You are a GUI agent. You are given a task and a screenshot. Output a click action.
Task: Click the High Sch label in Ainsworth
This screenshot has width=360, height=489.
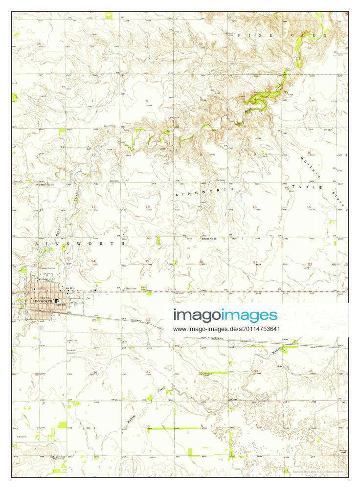60,304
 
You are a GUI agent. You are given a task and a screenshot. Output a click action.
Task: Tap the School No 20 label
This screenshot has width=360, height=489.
212,239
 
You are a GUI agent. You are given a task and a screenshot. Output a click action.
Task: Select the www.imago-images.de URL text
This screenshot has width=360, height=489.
226,329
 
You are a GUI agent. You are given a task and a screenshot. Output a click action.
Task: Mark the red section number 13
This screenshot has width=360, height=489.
93,206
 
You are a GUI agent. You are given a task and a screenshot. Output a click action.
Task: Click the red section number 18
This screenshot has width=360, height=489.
147,206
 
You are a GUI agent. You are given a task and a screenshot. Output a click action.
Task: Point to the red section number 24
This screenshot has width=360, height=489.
93,261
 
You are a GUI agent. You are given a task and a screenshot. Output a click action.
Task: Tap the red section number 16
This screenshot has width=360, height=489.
254,207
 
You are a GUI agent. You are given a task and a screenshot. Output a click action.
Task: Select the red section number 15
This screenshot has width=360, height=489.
309,207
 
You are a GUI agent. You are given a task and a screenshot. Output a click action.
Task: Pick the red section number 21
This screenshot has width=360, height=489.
255,262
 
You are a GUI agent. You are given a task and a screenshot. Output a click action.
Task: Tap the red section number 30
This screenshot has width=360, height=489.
147,320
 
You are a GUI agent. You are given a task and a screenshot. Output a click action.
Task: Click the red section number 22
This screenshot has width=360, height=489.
309,264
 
